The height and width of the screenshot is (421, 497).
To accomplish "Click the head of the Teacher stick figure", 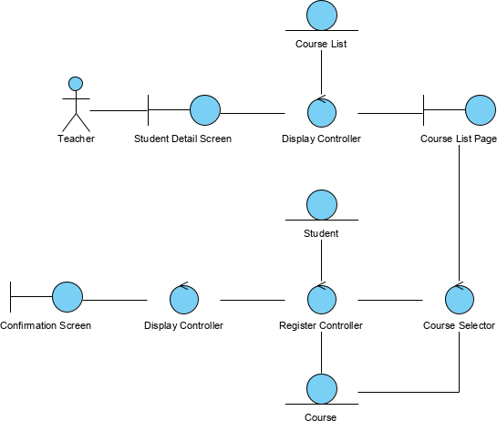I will coord(76,84).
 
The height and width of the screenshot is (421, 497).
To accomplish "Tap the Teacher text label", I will coord(76,139).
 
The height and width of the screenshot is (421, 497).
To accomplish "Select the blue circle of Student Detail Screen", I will coord(205,110).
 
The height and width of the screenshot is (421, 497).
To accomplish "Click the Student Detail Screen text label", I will coord(182,139).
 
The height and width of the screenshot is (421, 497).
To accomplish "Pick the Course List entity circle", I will coord(321,15).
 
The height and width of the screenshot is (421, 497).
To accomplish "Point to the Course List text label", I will coord(321,44).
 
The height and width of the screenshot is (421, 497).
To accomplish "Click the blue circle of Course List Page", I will coord(481,110).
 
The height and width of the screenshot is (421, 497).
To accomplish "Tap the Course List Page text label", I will coord(458,139).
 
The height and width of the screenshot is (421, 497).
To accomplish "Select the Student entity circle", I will coord(321,204).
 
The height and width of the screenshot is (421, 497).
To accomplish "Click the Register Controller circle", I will coord(321,298).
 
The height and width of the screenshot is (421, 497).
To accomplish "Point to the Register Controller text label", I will coord(321,325).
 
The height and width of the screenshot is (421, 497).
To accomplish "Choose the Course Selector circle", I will coord(459,298).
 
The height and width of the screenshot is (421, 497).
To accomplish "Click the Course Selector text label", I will coord(459,325).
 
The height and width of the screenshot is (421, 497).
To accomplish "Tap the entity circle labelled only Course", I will coord(321,388).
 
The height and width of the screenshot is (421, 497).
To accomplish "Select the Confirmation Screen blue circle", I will coord(67,296).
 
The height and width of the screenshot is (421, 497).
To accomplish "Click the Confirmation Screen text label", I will coord(46,325).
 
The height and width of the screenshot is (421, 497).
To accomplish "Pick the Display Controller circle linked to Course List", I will coord(321,112).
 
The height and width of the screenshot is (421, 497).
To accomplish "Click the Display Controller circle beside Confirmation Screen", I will coord(183,298).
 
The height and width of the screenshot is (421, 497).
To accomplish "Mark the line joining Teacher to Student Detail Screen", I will coord(119,111).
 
